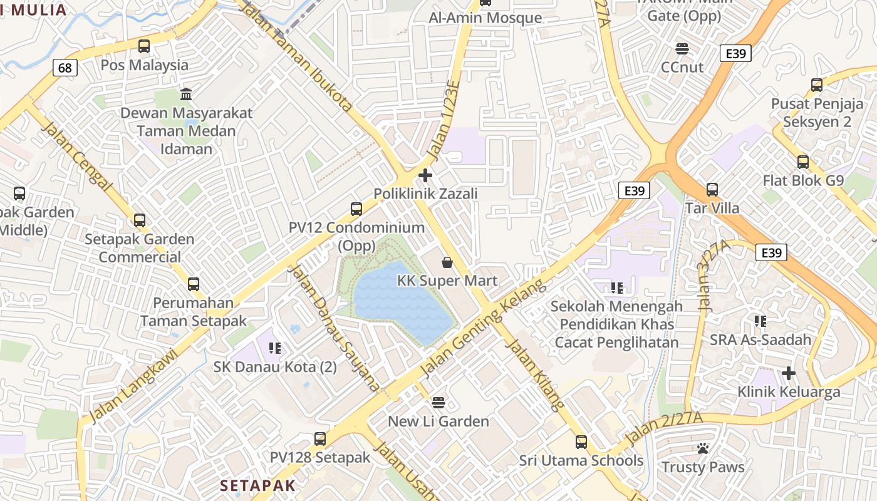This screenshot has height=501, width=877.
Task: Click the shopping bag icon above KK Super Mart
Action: (447, 262)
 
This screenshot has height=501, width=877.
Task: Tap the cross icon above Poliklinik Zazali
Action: (425, 175)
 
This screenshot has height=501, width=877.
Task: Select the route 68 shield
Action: (65, 68)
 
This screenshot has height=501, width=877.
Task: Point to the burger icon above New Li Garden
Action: (438, 402)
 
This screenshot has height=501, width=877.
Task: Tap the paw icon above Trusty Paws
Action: (703, 448)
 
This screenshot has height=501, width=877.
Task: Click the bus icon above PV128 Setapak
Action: (320, 438)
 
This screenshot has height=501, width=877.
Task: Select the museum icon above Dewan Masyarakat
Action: (186, 95)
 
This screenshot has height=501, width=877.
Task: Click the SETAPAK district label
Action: (257, 485)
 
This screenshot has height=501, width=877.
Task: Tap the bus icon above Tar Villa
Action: (712, 189)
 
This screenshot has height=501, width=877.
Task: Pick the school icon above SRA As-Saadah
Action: (760, 321)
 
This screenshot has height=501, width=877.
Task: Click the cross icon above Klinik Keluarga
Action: (789, 373)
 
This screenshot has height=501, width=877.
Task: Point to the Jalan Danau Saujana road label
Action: (334, 328)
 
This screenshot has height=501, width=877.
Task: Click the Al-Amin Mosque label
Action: (485, 18)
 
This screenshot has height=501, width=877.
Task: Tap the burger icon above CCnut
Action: (682, 48)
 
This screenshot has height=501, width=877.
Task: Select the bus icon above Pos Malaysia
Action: (144, 46)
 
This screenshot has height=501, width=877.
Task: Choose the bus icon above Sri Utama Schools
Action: (581, 442)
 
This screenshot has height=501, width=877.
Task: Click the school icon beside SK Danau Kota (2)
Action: (274, 348)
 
